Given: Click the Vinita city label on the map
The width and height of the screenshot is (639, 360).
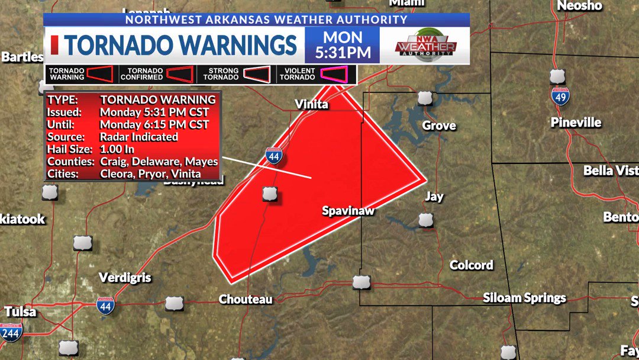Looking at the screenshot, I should point(311,105).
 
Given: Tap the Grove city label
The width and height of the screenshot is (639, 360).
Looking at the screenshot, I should point(438,126).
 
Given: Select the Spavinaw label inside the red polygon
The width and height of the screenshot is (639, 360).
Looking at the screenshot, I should point(348,211).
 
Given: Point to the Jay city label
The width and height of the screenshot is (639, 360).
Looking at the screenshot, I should point(434,197).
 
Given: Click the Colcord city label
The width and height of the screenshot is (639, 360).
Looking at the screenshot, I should point(471,265).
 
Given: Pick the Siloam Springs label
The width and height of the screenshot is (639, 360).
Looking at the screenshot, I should point(524,298).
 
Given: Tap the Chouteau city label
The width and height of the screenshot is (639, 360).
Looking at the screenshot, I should point(246,299).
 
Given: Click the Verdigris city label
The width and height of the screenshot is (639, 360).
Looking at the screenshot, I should point(125,278).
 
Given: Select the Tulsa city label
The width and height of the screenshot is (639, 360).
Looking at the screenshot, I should point(20,311).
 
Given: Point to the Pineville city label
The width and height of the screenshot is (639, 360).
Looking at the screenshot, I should point(576,123).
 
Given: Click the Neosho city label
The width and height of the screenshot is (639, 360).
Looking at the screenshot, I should point(579,6).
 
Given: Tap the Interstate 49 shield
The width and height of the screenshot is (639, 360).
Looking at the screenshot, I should point(561,96).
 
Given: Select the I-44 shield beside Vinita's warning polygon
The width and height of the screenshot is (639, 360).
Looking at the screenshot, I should point(273,156).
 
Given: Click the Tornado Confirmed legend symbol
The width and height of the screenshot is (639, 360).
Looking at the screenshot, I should point(180,74).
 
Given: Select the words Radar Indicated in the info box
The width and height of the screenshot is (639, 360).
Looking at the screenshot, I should point(138,137).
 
